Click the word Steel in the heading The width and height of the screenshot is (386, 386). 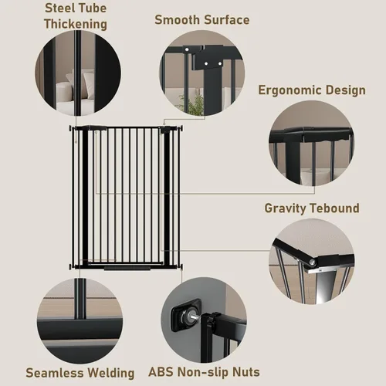coord(58,8)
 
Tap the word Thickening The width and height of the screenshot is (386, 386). coord(76,24)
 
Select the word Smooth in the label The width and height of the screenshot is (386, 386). coord(178,20)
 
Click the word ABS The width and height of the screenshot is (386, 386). coord(161,372)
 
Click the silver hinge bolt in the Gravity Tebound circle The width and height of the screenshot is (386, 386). coord(312,262)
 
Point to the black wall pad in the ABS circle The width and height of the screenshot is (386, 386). coord(186,311)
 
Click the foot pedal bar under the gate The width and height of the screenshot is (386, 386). coord(127,269)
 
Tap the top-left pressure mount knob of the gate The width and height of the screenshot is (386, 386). coord(70,128)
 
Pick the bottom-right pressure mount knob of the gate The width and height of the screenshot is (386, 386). coord(181,266)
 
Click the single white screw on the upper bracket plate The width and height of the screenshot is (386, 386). coord(187,49)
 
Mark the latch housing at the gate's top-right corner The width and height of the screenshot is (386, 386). coord(164,130)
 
